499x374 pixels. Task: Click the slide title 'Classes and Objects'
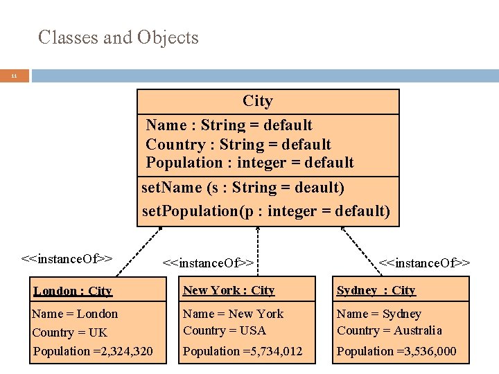pyautogui.click(x=119, y=37)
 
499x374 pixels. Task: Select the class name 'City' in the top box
pyautogui.click(x=257, y=101)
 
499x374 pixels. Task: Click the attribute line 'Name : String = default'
pyautogui.click(x=229, y=125)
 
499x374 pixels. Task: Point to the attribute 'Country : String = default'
pyautogui.click(x=238, y=144)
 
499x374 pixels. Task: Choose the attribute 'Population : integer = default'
pyautogui.click(x=249, y=163)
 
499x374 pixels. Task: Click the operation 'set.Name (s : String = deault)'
pyautogui.click(x=243, y=188)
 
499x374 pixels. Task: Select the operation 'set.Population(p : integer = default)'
pyautogui.click(x=265, y=211)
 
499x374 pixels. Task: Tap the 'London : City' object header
pyautogui.click(x=73, y=291)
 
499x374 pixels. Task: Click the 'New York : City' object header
pyautogui.click(x=229, y=290)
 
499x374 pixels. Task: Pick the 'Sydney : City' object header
pyautogui.click(x=376, y=290)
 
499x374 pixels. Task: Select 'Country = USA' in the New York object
pyautogui.click(x=225, y=330)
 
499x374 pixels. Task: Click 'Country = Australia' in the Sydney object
pyautogui.click(x=389, y=330)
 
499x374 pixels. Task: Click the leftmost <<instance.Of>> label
pyautogui.click(x=67, y=259)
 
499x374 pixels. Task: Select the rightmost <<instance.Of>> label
pyautogui.click(x=425, y=262)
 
